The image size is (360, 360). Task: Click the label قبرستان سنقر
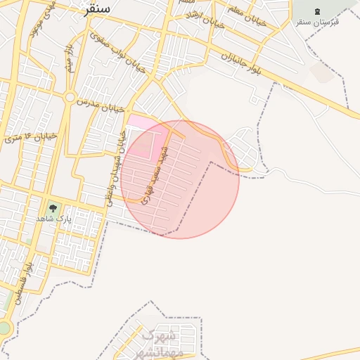317,22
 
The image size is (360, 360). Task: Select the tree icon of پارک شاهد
53,208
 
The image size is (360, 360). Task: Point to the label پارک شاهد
54,220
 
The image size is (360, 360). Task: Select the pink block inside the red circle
143,145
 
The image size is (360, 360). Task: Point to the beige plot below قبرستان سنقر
323,73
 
